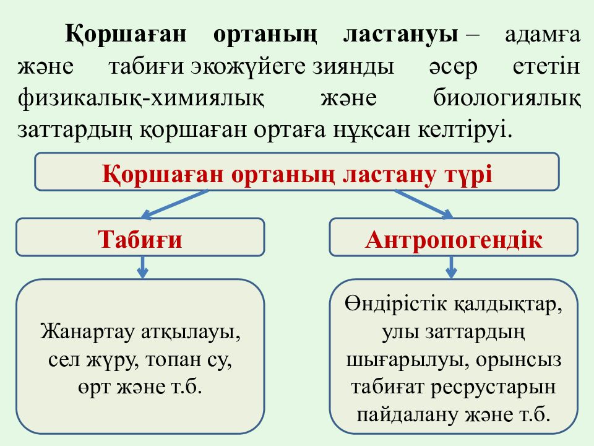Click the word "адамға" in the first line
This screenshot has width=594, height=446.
[x=543, y=35]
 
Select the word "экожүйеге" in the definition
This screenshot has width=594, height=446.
[x=247, y=67]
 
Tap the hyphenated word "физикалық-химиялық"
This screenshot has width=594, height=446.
[x=141, y=99]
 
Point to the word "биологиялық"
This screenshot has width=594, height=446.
[x=507, y=99]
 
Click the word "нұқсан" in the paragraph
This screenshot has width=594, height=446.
[x=372, y=129]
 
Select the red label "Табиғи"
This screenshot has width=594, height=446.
[x=140, y=240]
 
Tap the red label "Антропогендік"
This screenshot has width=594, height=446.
[x=454, y=240]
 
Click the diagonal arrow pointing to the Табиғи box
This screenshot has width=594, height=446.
[x=174, y=204]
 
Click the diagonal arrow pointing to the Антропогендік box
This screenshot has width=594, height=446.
[x=423, y=204]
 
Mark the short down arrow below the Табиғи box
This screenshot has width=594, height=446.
[x=142, y=267]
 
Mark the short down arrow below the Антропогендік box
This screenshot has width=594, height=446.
[x=451, y=267]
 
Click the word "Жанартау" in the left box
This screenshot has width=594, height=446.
[x=87, y=332]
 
